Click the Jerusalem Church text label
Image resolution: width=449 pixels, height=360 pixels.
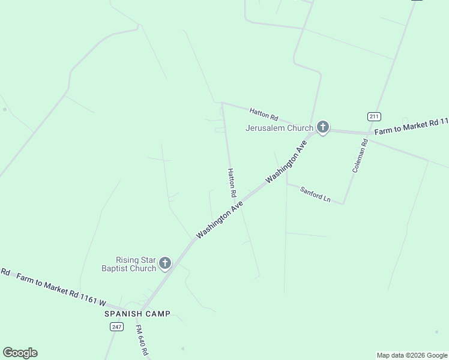279,128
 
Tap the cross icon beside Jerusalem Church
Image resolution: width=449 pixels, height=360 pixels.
323,127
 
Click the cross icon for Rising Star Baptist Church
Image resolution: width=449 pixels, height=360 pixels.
164,263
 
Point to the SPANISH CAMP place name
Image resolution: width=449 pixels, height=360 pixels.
137,314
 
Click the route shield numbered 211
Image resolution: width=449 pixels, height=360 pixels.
374,116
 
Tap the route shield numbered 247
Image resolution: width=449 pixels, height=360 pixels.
116,326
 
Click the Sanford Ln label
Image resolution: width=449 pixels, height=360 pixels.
316,194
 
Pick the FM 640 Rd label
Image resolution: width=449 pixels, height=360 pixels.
142,340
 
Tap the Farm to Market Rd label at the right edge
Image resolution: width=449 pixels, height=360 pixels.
411,127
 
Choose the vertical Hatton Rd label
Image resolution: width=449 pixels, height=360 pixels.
231,183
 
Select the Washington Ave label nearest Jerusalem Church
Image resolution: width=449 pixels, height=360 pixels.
286,161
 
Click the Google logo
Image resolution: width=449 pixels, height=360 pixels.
20,353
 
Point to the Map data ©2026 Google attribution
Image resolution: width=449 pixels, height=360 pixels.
412,355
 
